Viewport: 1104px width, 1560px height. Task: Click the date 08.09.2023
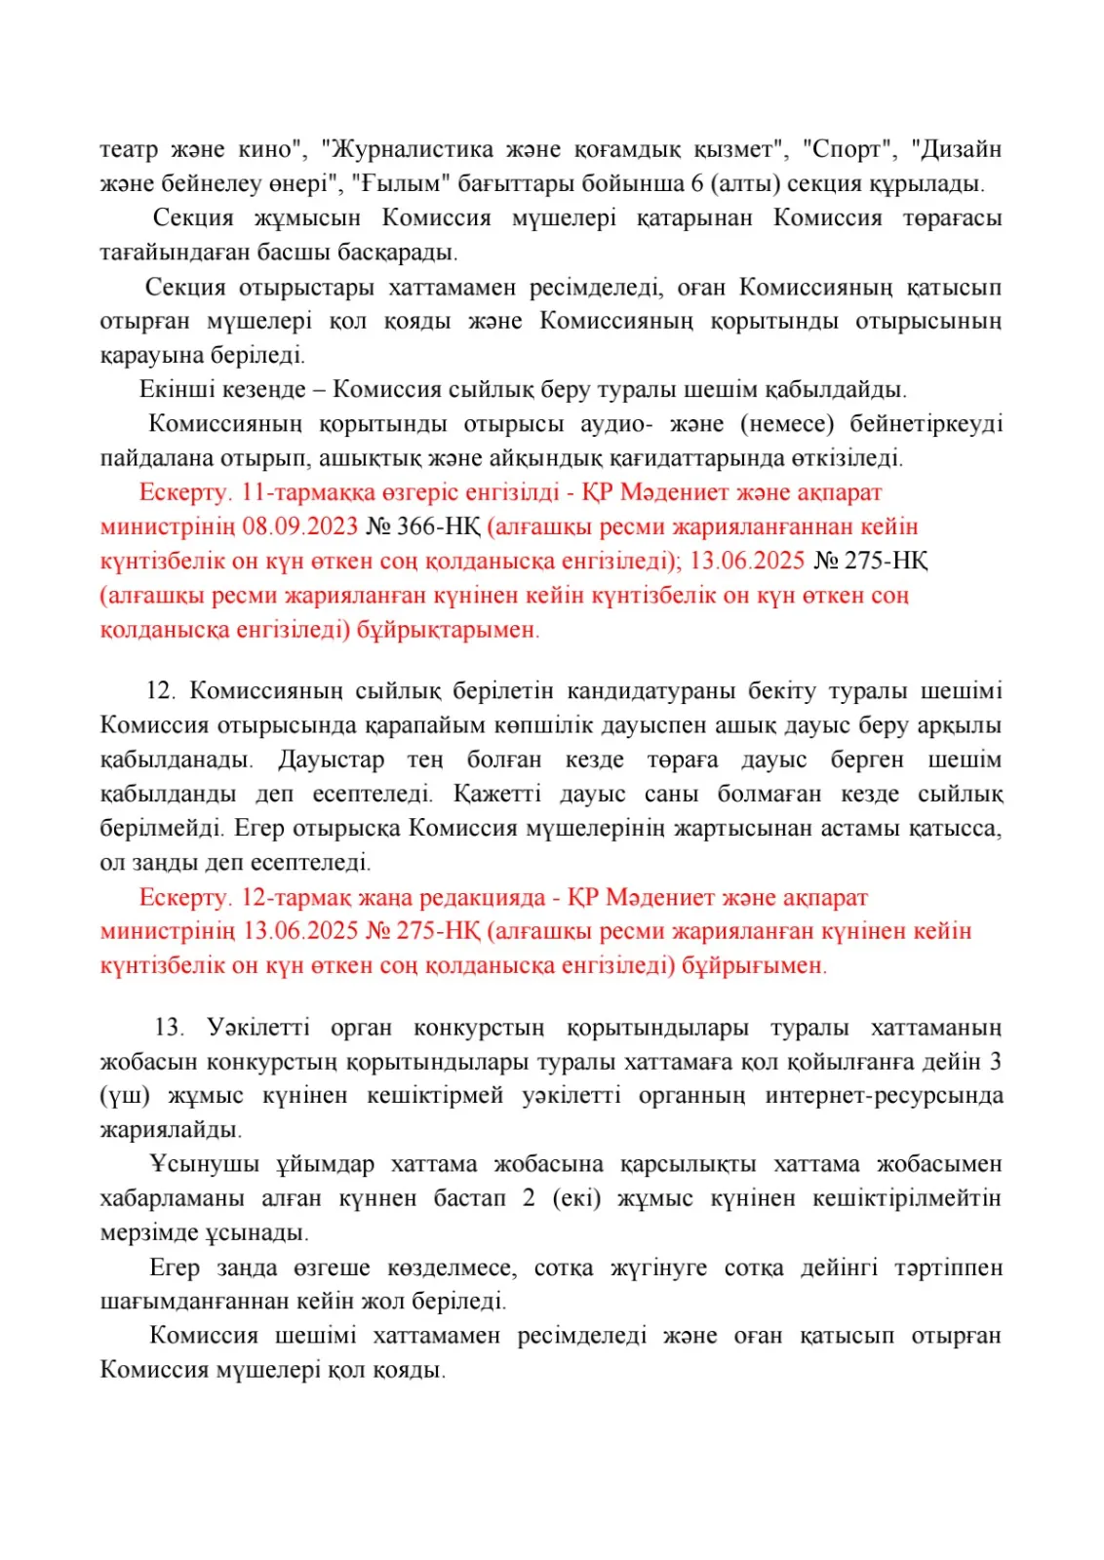pyautogui.click(x=300, y=527)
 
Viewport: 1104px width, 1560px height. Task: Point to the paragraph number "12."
pyautogui.click(x=160, y=691)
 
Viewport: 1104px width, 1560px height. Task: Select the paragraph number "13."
pyautogui.click(x=169, y=1028)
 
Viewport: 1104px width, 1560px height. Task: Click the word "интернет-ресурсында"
pyautogui.click(x=884, y=1096)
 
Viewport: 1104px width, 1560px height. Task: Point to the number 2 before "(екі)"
pyautogui.click(x=529, y=1198)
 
